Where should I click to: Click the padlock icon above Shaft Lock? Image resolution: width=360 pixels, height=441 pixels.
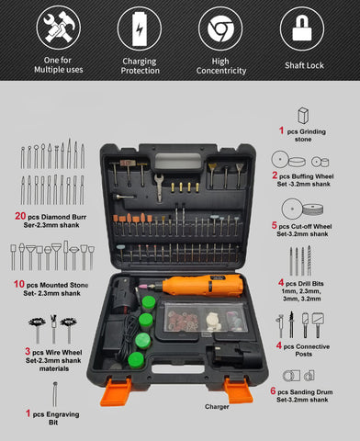coord(302,28)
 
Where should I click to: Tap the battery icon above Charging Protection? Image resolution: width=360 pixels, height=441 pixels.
coord(140,28)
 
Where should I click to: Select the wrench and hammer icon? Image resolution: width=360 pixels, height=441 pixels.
coord(59,28)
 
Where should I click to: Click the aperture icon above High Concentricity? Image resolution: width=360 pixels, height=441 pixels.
coord(220,28)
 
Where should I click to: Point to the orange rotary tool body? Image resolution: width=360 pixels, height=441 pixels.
coord(202,285)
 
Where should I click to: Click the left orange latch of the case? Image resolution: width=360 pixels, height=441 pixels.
coord(116,392)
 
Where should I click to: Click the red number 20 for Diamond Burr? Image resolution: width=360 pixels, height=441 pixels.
coord(20,216)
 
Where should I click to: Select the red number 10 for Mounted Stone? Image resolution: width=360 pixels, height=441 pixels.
coord(18,284)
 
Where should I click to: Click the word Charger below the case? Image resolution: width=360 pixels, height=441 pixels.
coord(217,407)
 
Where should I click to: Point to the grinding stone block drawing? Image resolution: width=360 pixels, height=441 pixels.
coord(303,116)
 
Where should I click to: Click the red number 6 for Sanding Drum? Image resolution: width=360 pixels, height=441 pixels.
coord(273,390)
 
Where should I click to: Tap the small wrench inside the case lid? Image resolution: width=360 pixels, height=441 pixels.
coord(159,187)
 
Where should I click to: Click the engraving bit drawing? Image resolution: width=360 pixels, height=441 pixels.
coord(55,394)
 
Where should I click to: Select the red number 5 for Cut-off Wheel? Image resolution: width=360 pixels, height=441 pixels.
coord(275,225)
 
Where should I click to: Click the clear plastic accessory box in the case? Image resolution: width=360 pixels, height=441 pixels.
coord(205,317)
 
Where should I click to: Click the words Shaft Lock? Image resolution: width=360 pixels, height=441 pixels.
coord(304,65)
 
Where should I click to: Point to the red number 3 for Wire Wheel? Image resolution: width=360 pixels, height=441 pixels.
coord(28,351)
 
